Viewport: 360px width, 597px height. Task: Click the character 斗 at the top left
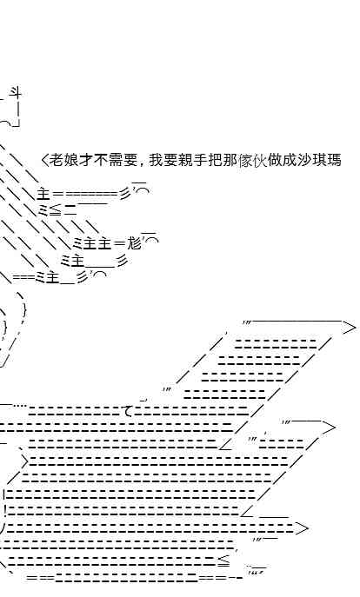click(x=16, y=93)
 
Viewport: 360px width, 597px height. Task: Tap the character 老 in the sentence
click(x=56, y=160)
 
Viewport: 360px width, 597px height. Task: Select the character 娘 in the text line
click(x=70, y=160)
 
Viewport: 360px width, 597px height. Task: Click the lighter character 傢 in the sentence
click(x=245, y=160)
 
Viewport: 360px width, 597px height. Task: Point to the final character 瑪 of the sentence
click(x=334, y=160)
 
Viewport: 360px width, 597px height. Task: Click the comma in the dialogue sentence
click(x=142, y=164)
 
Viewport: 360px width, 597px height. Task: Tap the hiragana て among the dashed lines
click(x=129, y=411)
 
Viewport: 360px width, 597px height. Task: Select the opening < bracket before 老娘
click(x=44, y=160)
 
